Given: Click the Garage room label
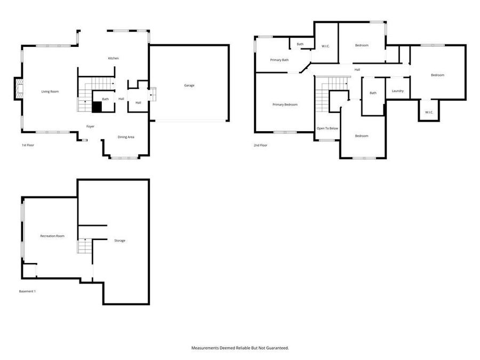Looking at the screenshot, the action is click(189, 85).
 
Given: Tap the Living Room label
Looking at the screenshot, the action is click(50, 92).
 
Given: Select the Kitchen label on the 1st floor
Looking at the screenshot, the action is click(113, 58).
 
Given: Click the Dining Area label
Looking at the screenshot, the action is click(126, 137).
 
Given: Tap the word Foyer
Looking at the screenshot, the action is click(90, 126).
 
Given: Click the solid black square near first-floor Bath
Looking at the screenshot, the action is click(97, 107).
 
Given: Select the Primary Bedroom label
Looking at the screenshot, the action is click(285, 105).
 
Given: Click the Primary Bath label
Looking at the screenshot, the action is click(279, 60).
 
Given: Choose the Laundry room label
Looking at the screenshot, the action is click(398, 91).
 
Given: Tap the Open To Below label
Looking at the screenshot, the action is click(327, 128).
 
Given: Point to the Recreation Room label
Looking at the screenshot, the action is click(52, 236).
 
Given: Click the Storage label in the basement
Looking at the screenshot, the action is click(119, 241).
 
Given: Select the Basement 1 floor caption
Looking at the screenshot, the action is click(27, 291).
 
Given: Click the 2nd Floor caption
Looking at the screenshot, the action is click(260, 145).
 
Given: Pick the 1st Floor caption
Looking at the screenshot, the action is click(28, 145).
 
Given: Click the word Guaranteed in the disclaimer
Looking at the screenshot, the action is click(277, 348).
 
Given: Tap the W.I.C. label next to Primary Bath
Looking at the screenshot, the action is click(325, 46).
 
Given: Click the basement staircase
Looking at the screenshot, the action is click(85, 246).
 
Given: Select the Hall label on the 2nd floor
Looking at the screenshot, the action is click(357, 70).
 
